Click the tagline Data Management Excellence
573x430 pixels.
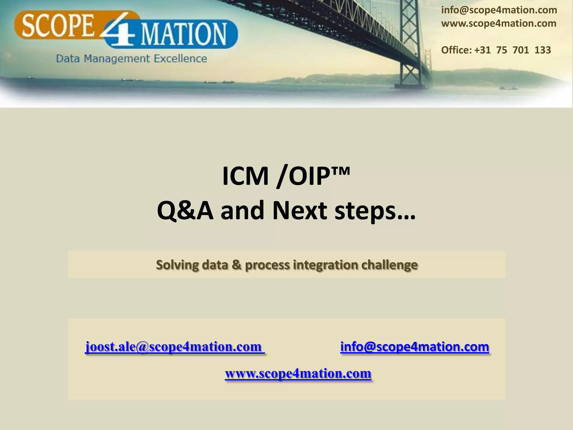pyautogui.click(x=131, y=59)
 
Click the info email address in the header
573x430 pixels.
pyautogui.click(x=499, y=10)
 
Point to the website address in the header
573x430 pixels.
pyautogui.click(x=499, y=23)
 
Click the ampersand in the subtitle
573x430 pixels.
pyautogui.click(x=237, y=265)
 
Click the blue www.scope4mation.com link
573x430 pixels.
pyautogui.click(x=298, y=373)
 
